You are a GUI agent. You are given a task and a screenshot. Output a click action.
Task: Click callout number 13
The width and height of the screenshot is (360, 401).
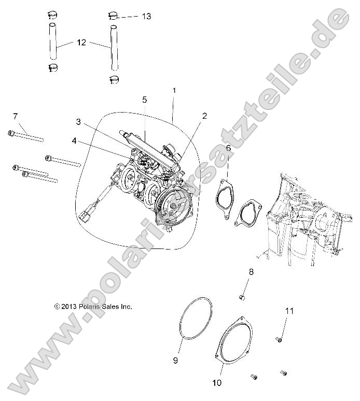click(x=146, y=17)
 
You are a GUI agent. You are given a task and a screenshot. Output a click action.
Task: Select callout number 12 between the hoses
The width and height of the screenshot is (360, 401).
click(x=81, y=43)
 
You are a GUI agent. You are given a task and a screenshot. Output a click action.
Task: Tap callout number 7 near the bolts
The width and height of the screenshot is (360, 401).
click(x=15, y=115)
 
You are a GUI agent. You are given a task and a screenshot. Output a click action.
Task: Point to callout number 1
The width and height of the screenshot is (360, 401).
click(x=174, y=90)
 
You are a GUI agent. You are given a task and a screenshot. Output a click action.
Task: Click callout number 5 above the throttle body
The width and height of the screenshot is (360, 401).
click(x=145, y=99)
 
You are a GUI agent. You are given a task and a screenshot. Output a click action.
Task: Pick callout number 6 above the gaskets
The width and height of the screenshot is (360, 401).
click(x=228, y=148)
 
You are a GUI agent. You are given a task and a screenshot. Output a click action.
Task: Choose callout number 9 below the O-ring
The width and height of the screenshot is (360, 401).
click(x=175, y=359)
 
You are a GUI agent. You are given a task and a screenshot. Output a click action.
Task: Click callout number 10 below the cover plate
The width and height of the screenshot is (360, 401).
click(x=217, y=383)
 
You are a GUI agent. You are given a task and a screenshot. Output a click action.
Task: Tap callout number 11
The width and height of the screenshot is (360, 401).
click(x=289, y=311)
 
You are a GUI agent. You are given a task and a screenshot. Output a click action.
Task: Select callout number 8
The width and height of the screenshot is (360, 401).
click(x=251, y=272)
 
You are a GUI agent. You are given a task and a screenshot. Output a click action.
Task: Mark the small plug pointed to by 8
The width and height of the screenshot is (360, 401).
click(x=241, y=297)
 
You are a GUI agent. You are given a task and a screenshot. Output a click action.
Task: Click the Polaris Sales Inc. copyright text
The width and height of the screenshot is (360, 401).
click(x=93, y=307)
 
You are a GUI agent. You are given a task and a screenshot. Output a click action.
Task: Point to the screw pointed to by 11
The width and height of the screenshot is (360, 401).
click(x=279, y=339)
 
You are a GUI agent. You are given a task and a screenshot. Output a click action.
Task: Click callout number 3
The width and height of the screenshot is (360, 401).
click(x=78, y=122)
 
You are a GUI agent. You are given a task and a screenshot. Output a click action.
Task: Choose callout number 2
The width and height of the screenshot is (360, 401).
click(x=204, y=116)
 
